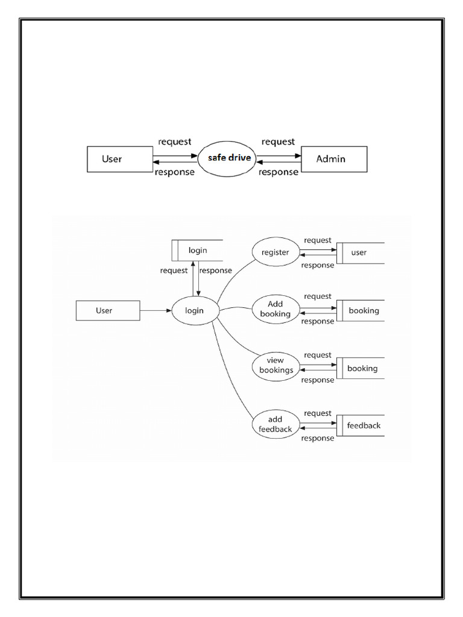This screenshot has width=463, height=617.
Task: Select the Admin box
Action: [x=333, y=159]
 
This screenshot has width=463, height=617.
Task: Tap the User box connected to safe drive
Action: [x=119, y=159]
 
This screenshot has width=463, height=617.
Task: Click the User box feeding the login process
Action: [x=107, y=311]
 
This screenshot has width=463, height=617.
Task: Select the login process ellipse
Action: [x=194, y=311]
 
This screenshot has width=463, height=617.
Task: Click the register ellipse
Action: [x=275, y=252]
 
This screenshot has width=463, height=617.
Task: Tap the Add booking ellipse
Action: [x=275, y=309]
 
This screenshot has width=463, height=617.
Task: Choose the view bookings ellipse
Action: [x=275, y=366]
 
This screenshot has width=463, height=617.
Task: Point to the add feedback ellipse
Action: [x=275, y=424]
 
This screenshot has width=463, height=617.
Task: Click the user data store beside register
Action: [x=360, y=252]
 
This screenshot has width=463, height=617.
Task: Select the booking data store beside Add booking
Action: [x=360, y=311]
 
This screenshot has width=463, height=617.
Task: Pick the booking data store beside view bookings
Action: [x=360, y=368]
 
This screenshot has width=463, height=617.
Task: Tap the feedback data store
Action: [x=360, y=425]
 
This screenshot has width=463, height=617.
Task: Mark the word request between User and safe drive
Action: [x=175, y=142]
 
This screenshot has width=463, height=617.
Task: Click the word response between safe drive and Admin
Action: [x=279, y=172]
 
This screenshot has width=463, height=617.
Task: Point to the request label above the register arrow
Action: [x=318, y=240]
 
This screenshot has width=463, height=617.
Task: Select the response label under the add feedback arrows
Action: [x=318, y=438]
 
